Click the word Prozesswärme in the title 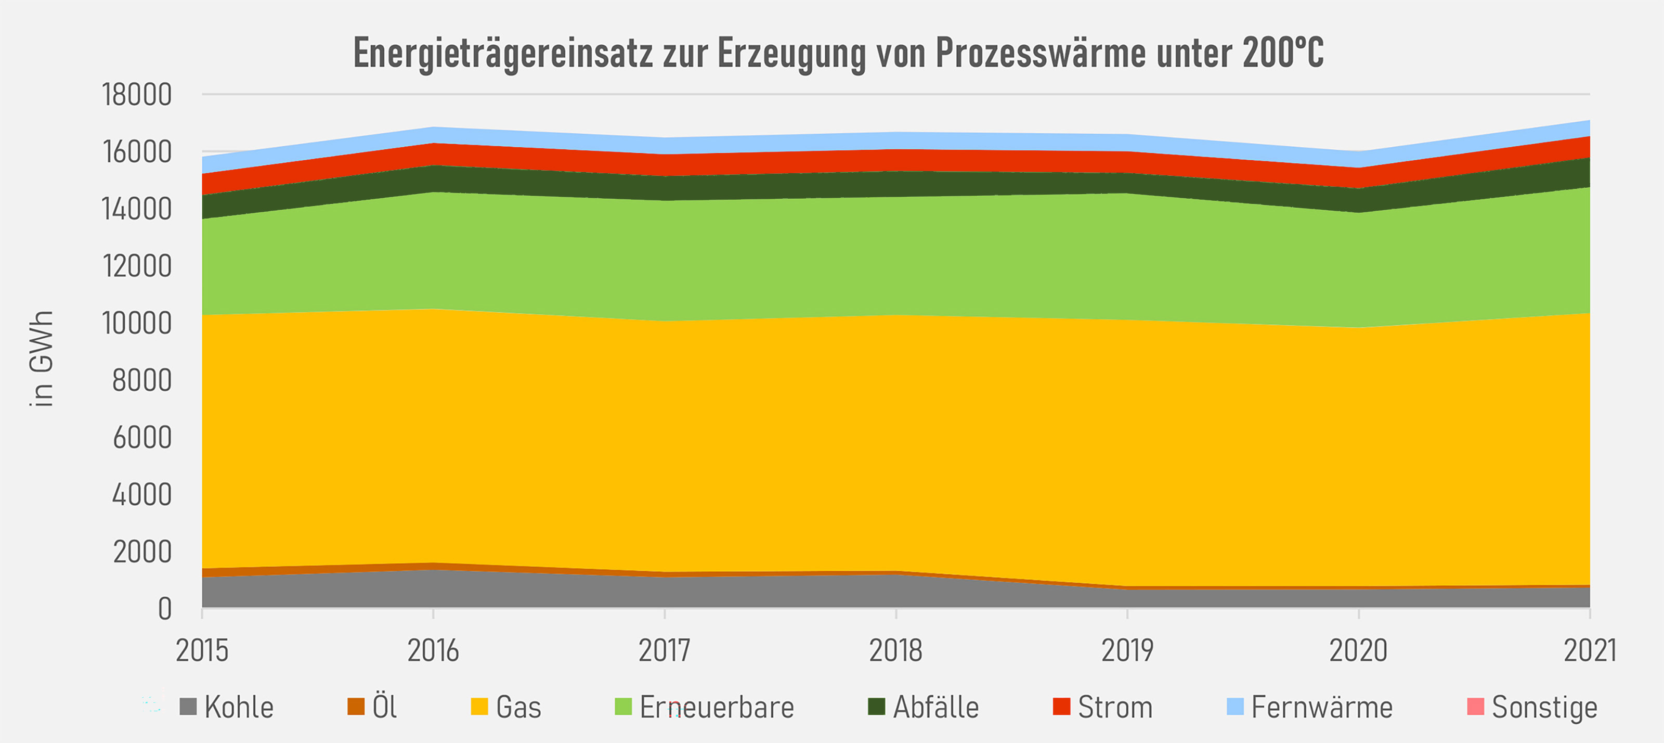click(1040, 53)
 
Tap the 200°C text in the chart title click(1282, 53)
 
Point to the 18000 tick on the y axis click(137, 95)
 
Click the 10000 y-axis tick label click(137, 324)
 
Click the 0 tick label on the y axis click(165, 609)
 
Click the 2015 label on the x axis click(202, 650)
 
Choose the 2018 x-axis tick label click(895, 650)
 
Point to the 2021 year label click(1589, 650)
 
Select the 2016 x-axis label click(433, 650)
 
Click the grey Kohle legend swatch click(188, 707)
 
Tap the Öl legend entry click(384, 707)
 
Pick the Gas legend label click(518, 707)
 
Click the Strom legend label click(1115, 707)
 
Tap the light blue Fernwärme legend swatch click(1235, 707)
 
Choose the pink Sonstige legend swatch click(1475, 707)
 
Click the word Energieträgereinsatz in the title click(502, 53)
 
